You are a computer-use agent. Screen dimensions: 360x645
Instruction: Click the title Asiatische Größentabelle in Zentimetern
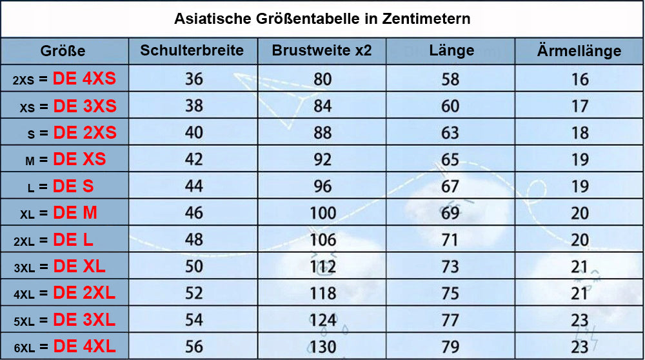point(322,19)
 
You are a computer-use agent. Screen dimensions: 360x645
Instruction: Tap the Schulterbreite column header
point(192,50)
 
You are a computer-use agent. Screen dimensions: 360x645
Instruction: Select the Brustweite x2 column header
point(322,50)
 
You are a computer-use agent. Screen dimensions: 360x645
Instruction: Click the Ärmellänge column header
point(579,51)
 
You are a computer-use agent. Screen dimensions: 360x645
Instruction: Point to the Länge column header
point(451,50)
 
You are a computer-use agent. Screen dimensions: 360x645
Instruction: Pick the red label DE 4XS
point(84,79)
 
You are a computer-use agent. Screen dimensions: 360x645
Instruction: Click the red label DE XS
point(79,159)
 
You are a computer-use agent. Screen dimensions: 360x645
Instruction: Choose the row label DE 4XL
point(84,346)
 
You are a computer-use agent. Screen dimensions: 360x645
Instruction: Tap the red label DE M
point(75,212)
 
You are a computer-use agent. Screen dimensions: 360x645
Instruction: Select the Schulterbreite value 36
point(193,79)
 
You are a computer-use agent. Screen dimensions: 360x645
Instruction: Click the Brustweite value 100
point(322,212)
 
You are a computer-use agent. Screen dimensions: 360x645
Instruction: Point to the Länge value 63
point(450,132)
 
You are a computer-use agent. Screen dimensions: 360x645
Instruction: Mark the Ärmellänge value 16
point(580,79)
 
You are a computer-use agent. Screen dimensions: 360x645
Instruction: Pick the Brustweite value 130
point(322,346)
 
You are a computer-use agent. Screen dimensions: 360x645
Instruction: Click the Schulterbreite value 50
point(193,266)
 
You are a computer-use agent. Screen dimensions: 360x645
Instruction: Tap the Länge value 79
point(450,346)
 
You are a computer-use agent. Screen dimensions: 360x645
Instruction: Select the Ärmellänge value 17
point(580,105)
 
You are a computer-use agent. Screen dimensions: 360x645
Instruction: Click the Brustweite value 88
point(322,132)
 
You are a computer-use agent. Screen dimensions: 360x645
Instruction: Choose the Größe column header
point(63,51)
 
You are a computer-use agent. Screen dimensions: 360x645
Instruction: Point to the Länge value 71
point(450,239)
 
